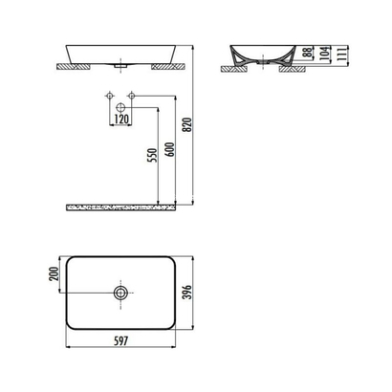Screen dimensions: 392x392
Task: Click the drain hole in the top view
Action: point(120,292)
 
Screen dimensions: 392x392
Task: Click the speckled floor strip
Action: point(121,204)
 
